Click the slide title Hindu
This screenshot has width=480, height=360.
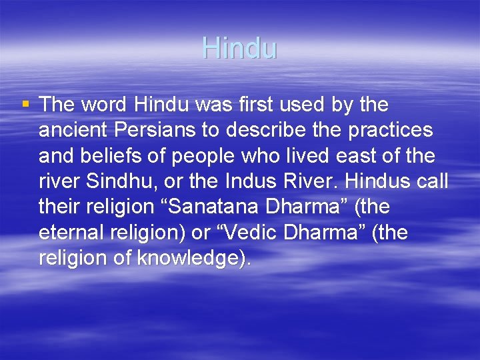click(239, 48)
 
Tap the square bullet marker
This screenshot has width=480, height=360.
click(25, 104)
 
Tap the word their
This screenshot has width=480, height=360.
click(59, 207)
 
